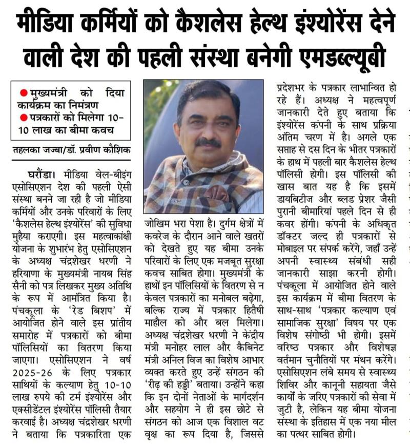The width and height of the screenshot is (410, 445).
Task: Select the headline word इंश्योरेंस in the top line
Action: (x=338, y=21)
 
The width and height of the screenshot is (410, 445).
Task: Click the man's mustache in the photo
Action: (x=208, y=141)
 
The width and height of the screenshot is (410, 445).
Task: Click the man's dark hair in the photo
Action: (x=208, y=92)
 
